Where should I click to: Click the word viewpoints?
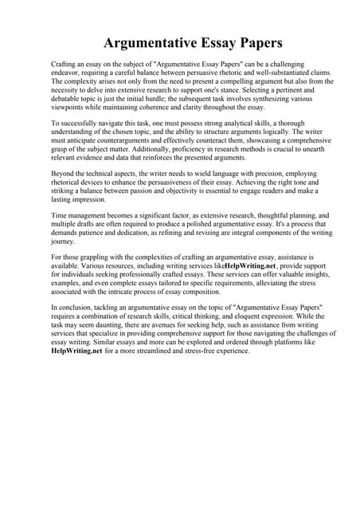coord(69,106)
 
